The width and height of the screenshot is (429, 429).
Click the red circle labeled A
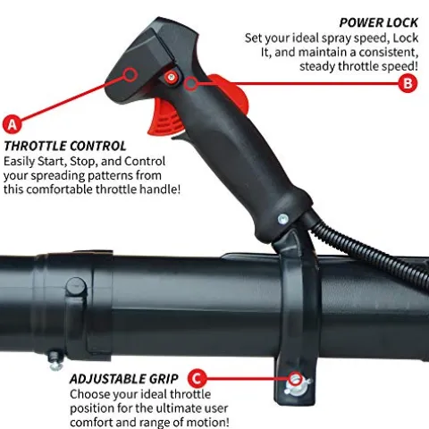click(x=13, y=124)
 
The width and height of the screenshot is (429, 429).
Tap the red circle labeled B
click(x=408, y=83)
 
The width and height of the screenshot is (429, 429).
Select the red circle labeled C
click(x=197, y=379)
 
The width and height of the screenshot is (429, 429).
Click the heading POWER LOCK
click(x=379, y=23)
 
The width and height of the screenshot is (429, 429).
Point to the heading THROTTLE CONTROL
click(x=65, y=146)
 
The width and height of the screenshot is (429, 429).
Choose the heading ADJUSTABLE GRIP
click(x=123, y=379)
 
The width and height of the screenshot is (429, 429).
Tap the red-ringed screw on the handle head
click(x=171, y=77)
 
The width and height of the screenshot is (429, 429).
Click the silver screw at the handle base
click(x=282, y=219)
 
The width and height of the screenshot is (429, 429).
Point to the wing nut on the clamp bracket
click(x=297, y=384)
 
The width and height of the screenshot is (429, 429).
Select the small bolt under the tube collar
click(x=56, y=361)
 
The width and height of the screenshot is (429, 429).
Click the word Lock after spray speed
click(x=406, y=38)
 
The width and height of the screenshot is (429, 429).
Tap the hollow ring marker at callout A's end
click(x=130, y=74)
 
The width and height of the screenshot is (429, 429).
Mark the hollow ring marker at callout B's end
click(x=190, y=83)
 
